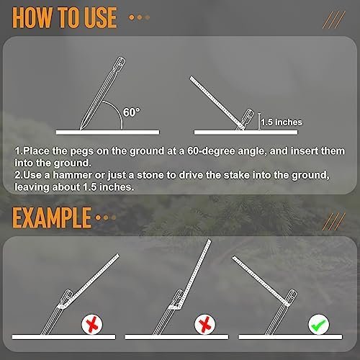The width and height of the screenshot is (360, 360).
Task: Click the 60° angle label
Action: tap(132, 112)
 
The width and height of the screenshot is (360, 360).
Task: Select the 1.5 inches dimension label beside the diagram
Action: tap(282, 122)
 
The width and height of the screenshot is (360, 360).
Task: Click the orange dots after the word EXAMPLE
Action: tap(105, 217)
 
